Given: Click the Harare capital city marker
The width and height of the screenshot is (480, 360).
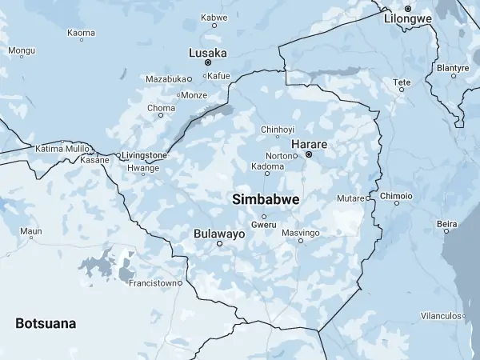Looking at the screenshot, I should (x=308, y=154).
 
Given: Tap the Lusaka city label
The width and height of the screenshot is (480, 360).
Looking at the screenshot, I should (x=207, y=53).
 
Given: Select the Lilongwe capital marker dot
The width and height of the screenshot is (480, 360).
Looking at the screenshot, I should (x=407, y=8).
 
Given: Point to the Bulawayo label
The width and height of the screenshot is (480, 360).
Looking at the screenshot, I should (x=219, y=234).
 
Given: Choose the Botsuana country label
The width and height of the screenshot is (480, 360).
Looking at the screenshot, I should (x=46, y=323).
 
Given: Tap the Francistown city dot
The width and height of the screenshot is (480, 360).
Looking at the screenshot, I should (x=180, y=282).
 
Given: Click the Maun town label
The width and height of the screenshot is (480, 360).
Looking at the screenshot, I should (x=30, y=231).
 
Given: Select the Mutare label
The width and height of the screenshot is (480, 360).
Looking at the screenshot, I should (x=350, y=198).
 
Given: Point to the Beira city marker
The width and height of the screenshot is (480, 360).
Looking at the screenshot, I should (x=446, y=231).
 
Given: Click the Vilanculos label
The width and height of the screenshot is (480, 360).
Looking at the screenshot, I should (x=441, y=316).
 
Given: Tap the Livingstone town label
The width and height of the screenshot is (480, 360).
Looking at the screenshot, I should (x=145, y=155).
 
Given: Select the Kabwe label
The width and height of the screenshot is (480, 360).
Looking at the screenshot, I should (x=214, y=17).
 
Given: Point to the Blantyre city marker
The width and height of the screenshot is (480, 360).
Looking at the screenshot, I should (x=454, y=76).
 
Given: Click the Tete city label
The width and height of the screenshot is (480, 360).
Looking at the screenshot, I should (x=402, y=82).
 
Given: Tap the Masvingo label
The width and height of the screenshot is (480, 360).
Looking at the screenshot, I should (x=301, y=232).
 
